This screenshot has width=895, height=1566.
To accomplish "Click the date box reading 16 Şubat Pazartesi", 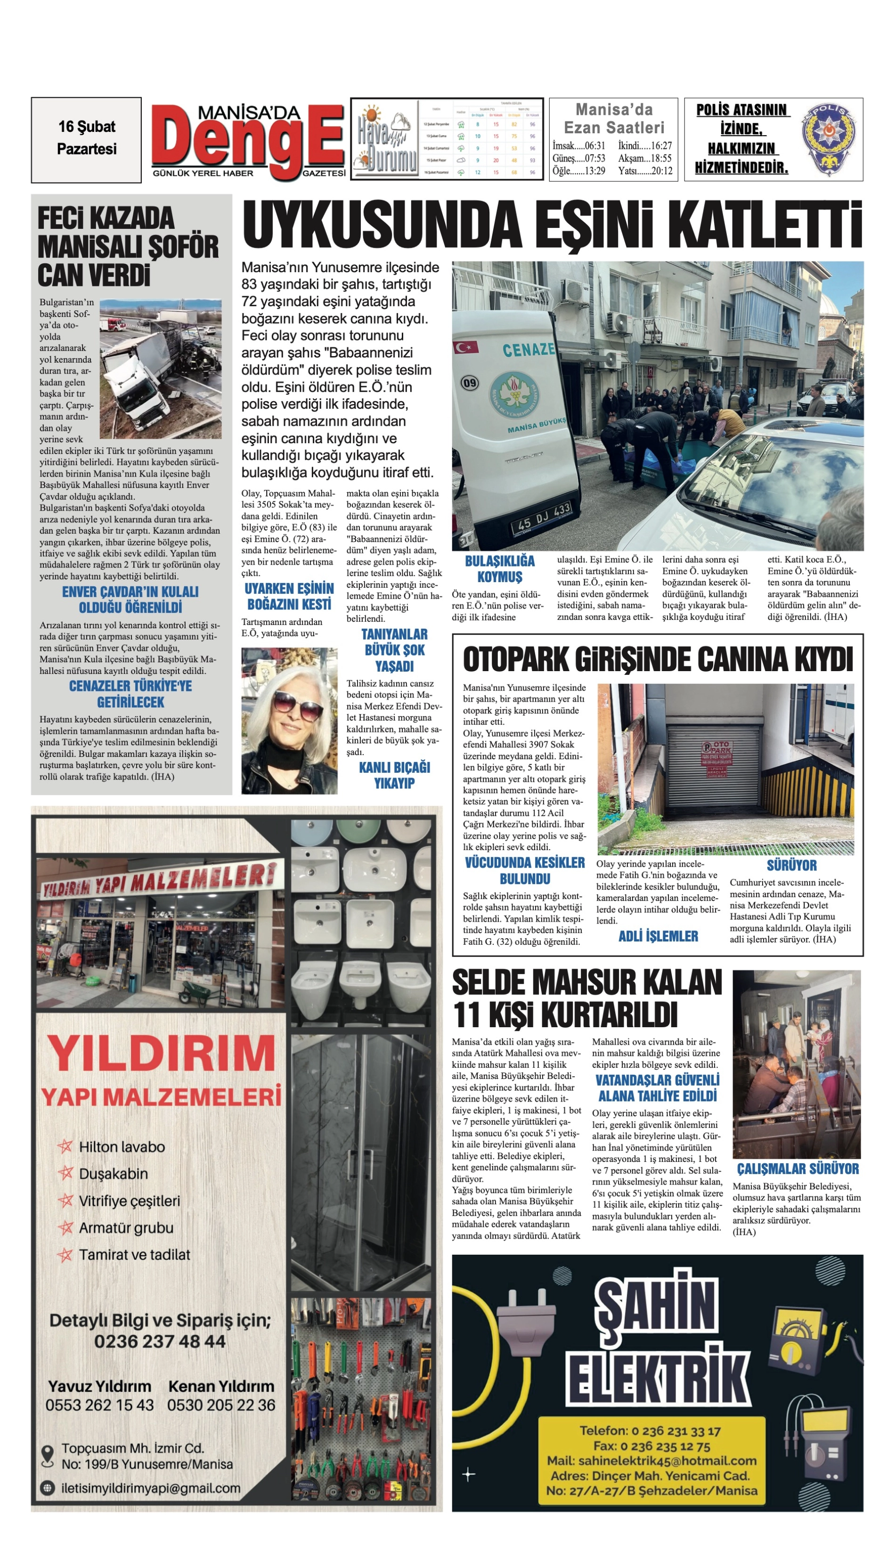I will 86,139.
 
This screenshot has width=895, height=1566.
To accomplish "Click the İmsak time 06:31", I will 594,146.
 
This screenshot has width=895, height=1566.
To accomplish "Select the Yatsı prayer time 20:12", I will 661,171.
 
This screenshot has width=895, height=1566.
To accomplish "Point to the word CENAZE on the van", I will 528,350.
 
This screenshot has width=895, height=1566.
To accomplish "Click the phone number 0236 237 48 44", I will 160,1342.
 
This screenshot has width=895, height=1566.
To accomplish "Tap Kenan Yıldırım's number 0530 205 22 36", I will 221,1405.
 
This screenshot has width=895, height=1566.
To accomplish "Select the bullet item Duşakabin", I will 114,1173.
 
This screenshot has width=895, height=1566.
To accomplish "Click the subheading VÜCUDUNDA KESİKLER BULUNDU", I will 524,871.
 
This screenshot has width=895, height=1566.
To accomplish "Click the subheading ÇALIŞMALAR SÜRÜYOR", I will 798,1168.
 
